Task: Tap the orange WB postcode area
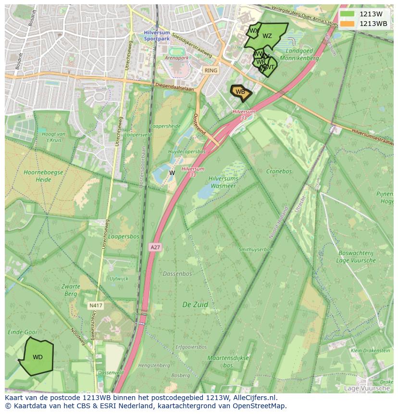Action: coord(240,92)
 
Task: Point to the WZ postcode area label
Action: coord(267,36)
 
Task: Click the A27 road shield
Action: coord(155,247)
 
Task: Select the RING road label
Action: coord(211,70)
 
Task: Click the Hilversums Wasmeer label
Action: coord(223,182)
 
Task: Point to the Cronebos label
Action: coord(279,171)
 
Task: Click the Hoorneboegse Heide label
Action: coord(37,176)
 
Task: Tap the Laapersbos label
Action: coord(124,237)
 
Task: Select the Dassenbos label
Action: coord(177,274)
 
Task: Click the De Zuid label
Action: coord(195,304)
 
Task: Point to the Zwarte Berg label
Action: coord(71,290)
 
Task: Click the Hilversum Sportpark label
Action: coord(157,36)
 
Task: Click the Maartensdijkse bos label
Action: coord(228,362)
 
